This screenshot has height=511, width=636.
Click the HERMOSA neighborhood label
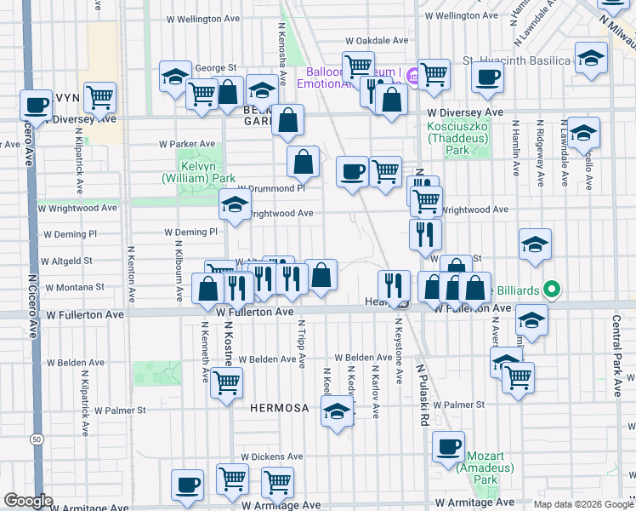point(279,408)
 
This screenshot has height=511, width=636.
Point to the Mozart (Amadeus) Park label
point(478,474)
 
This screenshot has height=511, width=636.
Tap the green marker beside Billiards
point(551,290)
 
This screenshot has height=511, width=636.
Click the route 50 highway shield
point(35,439)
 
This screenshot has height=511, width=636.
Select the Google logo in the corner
point(28,501)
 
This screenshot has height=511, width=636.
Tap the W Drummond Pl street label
point(270,188)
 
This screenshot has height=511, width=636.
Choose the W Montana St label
point(74,288)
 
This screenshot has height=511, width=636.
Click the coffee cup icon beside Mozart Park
point(448,446)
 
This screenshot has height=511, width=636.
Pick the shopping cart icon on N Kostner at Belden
point(226,383)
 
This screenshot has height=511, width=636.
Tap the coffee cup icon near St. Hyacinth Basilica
point(488,78)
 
